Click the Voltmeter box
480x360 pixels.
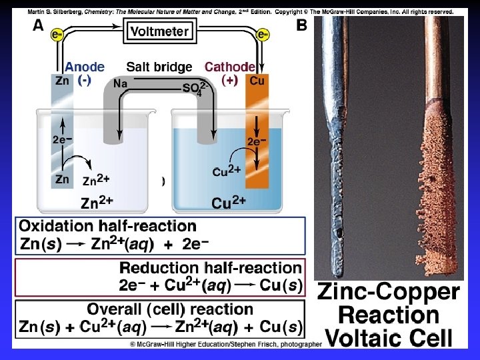point(161,31)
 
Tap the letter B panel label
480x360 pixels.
point(302,25)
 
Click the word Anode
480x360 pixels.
point(84,67)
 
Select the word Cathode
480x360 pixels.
point(229,67)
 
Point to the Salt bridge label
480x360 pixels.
point(159,67)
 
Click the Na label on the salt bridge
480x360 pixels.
point(121,83)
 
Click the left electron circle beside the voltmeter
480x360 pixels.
point(58,33)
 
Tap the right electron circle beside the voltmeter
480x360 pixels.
point(262,33)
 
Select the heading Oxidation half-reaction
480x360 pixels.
point(107,227)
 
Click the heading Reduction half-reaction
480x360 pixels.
point(210,268)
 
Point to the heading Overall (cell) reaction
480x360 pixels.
point(170,309)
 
